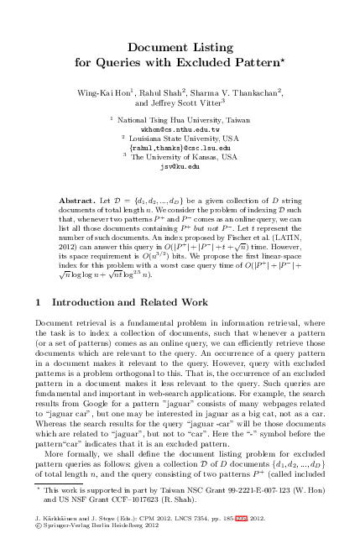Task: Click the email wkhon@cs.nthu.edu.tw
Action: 180,130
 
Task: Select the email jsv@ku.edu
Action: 180,166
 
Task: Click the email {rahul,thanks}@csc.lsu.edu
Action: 180,148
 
